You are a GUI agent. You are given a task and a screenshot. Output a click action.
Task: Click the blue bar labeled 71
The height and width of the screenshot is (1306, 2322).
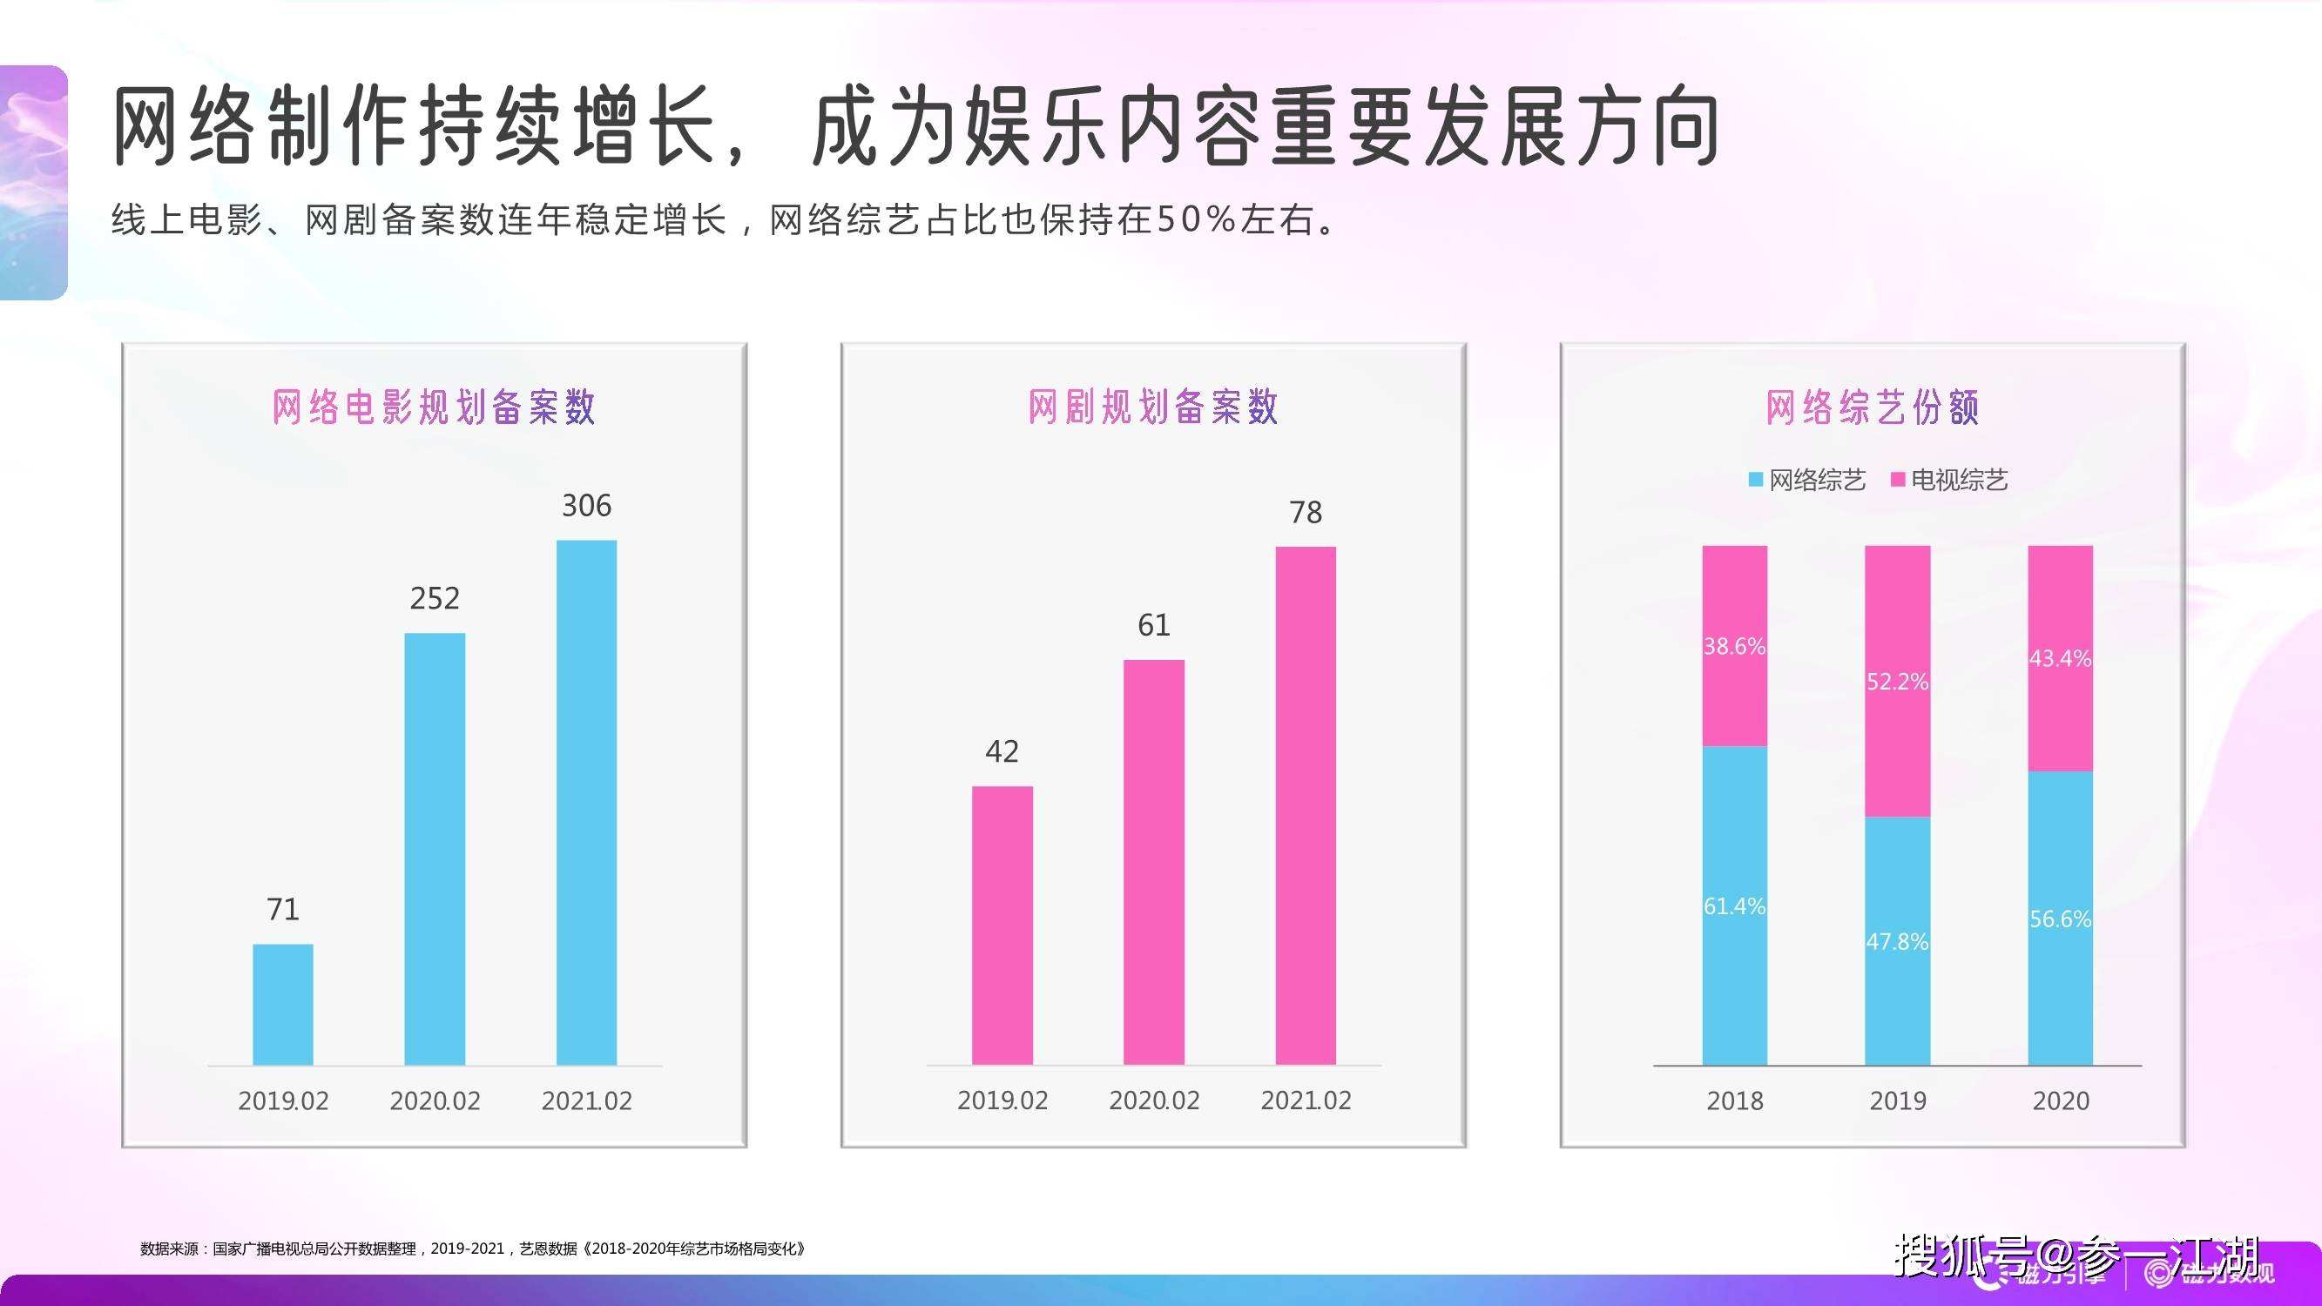282,1004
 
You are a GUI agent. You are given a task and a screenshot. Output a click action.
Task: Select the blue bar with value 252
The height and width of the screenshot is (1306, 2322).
435,848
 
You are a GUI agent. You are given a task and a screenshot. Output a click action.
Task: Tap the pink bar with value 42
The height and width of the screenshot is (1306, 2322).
1002,925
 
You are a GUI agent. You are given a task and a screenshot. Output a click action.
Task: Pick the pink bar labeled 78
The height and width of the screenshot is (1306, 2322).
1306,804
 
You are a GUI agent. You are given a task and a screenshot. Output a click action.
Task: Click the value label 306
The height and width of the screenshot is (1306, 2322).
586,506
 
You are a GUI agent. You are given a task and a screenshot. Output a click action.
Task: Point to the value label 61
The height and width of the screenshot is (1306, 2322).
1154,625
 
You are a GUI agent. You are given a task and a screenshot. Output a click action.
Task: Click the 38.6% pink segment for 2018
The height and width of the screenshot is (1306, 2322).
1734,645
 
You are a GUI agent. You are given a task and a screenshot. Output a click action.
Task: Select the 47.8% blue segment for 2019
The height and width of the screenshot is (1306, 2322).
1898,941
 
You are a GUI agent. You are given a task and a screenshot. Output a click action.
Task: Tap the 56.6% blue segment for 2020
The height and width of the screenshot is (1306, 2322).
2061,918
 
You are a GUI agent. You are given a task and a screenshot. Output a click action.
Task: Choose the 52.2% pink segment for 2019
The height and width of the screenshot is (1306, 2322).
1898,682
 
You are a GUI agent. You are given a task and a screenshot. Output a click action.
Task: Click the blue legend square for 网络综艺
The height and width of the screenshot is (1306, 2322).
1756,480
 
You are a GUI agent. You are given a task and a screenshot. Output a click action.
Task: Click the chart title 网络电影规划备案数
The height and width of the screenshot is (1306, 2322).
434,407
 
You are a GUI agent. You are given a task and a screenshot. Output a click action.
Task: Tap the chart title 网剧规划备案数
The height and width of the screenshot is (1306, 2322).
1153,407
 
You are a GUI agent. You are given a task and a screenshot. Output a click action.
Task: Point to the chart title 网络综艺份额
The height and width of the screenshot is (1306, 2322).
1873,407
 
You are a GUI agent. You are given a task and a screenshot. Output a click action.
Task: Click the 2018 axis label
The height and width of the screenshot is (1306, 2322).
1734,1101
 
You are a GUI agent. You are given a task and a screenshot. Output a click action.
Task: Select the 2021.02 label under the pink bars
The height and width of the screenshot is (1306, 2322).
1306,1101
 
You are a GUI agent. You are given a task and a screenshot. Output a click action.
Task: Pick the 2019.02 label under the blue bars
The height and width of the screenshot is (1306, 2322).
282,1101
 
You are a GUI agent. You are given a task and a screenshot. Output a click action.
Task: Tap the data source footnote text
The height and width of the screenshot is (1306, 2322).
472,1249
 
